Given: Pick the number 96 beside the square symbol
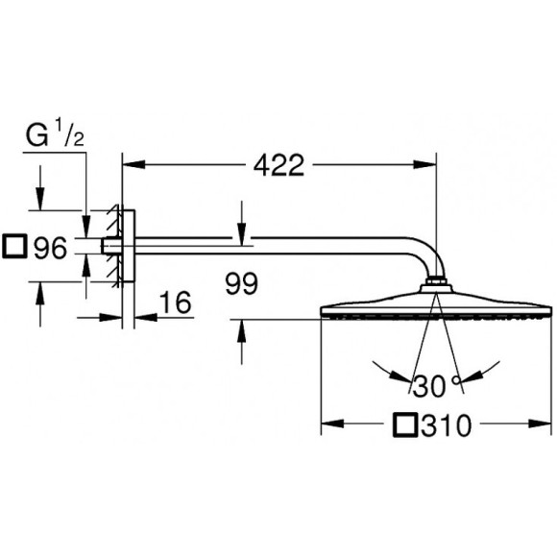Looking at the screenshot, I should point(49,250).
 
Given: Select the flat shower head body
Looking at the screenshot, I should point(436,310).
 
